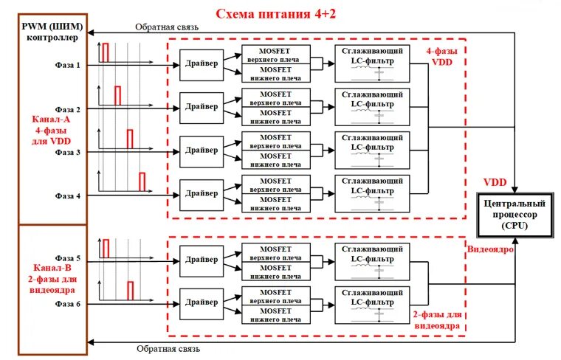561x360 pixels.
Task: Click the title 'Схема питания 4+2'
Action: point(275,13)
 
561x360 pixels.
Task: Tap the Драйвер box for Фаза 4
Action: point(202,194)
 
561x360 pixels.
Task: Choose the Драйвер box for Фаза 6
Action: point(202,302)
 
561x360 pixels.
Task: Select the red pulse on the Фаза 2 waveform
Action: point(117,95)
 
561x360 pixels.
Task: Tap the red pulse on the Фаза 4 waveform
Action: point(142,181)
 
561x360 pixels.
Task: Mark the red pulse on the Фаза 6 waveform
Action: point(130,289)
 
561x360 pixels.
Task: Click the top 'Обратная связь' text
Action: point(166,27)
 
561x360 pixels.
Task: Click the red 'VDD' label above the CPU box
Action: point(495,182)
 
